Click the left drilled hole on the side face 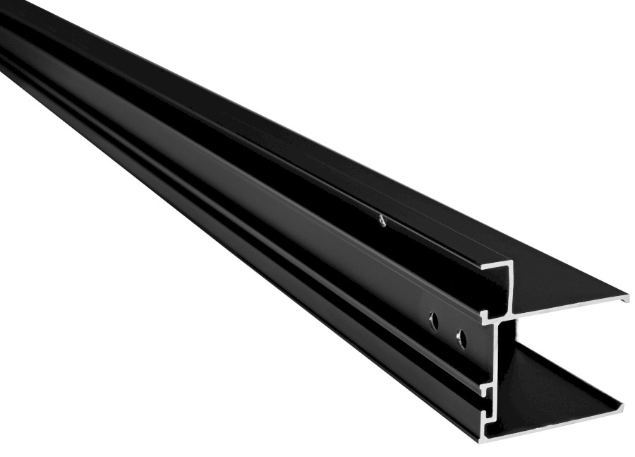tap(434, 322)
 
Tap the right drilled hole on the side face tap(461, 340)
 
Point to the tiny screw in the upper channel tap(381, 220)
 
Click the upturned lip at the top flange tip tap(625, 297)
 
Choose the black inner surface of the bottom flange tap(557, 388)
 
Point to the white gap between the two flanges tap(564, 339)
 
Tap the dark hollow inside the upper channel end tap(497, 290)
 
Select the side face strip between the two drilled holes tap(447, 331)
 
